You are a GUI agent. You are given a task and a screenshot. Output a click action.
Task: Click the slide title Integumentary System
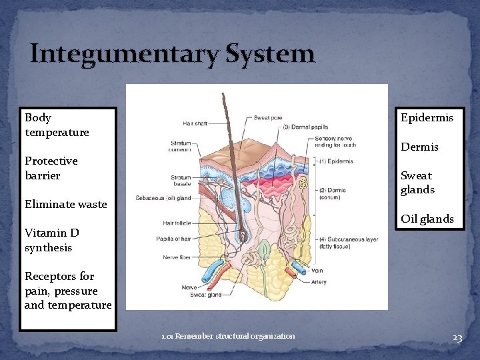pos(172,53)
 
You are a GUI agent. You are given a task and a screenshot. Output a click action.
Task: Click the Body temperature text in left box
pos(57,125)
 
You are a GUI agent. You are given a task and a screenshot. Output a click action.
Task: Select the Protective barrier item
pos(51,168)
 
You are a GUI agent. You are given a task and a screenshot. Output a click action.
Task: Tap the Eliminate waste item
pos(65,205)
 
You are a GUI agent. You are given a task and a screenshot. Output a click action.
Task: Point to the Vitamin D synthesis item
pos(52,240)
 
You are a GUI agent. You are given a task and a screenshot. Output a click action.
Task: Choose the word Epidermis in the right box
pos(427,118)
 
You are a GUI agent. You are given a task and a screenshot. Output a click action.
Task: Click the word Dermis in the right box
pos(419,147)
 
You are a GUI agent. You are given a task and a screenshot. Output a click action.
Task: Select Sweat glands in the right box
pos(417,183)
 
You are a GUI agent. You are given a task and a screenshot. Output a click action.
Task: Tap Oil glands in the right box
pos(427,219)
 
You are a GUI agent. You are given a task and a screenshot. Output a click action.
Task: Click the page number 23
pos(457,338)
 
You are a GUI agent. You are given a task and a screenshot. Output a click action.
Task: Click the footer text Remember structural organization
pos(228,336)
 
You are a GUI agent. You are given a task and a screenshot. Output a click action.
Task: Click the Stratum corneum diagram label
pos(180,147)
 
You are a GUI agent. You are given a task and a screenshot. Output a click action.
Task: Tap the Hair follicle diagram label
pos(177,223)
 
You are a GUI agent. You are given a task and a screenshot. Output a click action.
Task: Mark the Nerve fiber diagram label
pos(178,257)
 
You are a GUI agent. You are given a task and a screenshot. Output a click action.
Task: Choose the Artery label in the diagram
pos(319,282)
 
